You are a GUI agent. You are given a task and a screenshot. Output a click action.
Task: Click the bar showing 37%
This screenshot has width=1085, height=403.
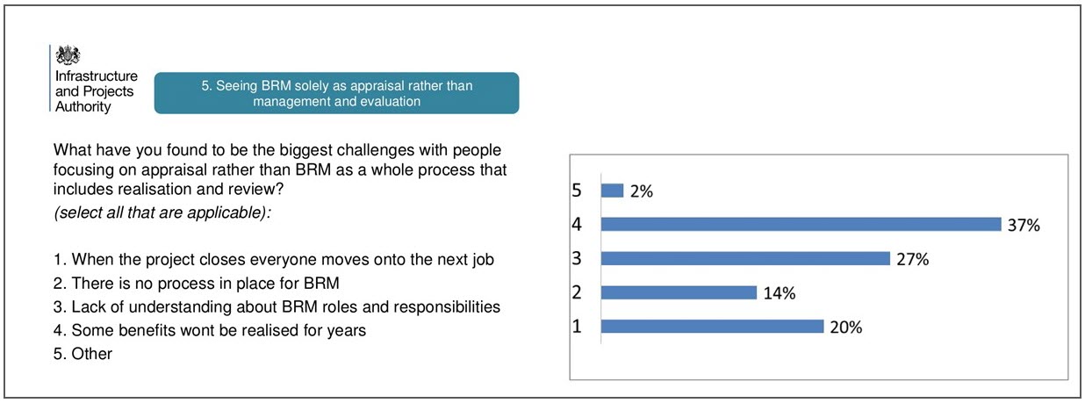click(801, 224)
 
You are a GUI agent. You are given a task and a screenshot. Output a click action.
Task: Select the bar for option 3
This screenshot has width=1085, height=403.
click(746, 259)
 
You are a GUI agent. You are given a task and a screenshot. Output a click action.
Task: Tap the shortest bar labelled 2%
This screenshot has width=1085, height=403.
click(612, 191)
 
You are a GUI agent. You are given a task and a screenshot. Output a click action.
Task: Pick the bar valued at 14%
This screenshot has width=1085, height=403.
click(679, 292)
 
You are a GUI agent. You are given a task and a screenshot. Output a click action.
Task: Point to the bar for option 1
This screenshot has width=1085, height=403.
click(713, 327)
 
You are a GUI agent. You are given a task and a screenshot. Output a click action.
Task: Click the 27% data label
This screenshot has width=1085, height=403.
click(913, 260)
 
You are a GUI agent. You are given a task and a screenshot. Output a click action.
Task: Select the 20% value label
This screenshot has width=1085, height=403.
click(846, 327)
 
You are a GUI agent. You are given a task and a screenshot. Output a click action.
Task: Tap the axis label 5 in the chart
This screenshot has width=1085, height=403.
click(577, 191)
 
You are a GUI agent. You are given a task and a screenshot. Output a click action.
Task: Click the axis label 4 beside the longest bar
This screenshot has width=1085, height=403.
click(577, 224)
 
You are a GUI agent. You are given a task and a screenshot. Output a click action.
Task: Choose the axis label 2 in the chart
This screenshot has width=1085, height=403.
click(577, 292)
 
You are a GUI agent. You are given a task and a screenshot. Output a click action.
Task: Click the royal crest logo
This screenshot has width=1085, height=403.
click(68, 55)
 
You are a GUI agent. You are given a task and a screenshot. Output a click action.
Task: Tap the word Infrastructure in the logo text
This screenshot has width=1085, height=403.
click(97, 76)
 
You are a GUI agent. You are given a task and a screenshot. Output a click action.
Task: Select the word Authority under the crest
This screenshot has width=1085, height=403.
click(83, 106)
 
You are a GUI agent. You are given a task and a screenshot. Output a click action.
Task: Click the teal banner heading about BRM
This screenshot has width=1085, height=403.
click(336, 93)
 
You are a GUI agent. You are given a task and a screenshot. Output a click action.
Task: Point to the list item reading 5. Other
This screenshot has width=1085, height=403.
click(83, 354)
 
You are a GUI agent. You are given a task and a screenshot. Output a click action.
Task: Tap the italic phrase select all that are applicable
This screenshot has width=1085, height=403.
click(162, 212)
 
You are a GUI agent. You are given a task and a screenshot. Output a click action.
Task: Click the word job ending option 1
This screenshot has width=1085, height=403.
click(483, 260)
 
